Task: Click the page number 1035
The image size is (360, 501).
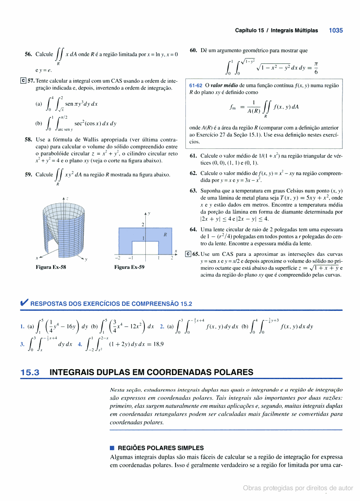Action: pyautogui.click(x=336, y=31)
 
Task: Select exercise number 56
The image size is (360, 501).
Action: pyautogui.click(x=28, y=54)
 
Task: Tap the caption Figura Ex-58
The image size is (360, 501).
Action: pyautogui.click(x=51, y=267)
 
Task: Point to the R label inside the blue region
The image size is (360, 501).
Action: pyautogui.click(x=165, y=234)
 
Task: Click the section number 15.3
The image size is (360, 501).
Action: pyautogui.click(x=30, y=372)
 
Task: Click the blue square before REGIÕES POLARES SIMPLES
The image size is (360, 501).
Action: pyautogui.click(x=112, y=448)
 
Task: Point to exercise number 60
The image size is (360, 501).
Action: pyautogui.click(x=193, y=50)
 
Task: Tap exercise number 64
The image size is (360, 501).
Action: pyautogui.click(x=193, y=229)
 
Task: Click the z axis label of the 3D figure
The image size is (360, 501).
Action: pyautogui.click(x=67, y=198)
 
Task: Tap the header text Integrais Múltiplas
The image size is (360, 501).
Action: pyautogui.click(x=294, y=31)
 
